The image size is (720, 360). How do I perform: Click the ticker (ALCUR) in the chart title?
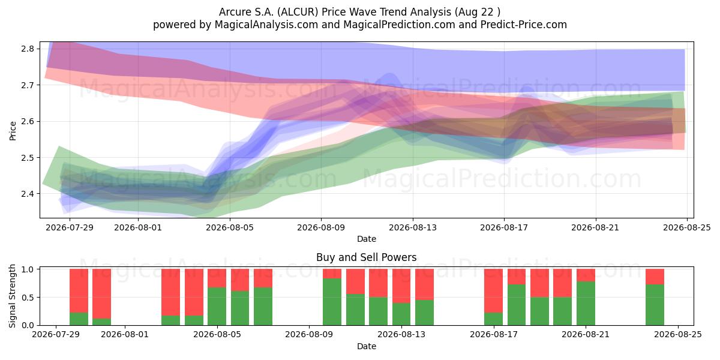pos(298,12)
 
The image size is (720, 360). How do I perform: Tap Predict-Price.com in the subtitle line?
pos(524,25)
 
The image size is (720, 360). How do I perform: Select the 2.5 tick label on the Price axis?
pos(28,157)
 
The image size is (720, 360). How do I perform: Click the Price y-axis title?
pos(13,131)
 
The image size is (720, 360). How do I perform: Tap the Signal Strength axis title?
pos(12,296)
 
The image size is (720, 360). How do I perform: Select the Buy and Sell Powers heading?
pos(367,257)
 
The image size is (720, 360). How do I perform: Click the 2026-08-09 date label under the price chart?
pos(321,228)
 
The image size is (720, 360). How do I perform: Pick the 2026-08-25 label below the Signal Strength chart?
pos(678,335)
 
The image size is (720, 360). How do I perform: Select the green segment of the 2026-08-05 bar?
pos(217,307)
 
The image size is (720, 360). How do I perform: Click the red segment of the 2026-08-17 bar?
pos(493,291)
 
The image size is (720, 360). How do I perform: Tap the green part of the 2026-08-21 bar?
pos(586,304)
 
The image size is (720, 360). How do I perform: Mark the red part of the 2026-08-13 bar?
pos(401,286)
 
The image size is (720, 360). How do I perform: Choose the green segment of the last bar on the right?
pos(655,305)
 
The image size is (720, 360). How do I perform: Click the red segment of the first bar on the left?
pos(79,291)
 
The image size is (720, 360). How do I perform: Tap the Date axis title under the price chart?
pos(367,239)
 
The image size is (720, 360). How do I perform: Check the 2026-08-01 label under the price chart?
pos(138,228)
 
